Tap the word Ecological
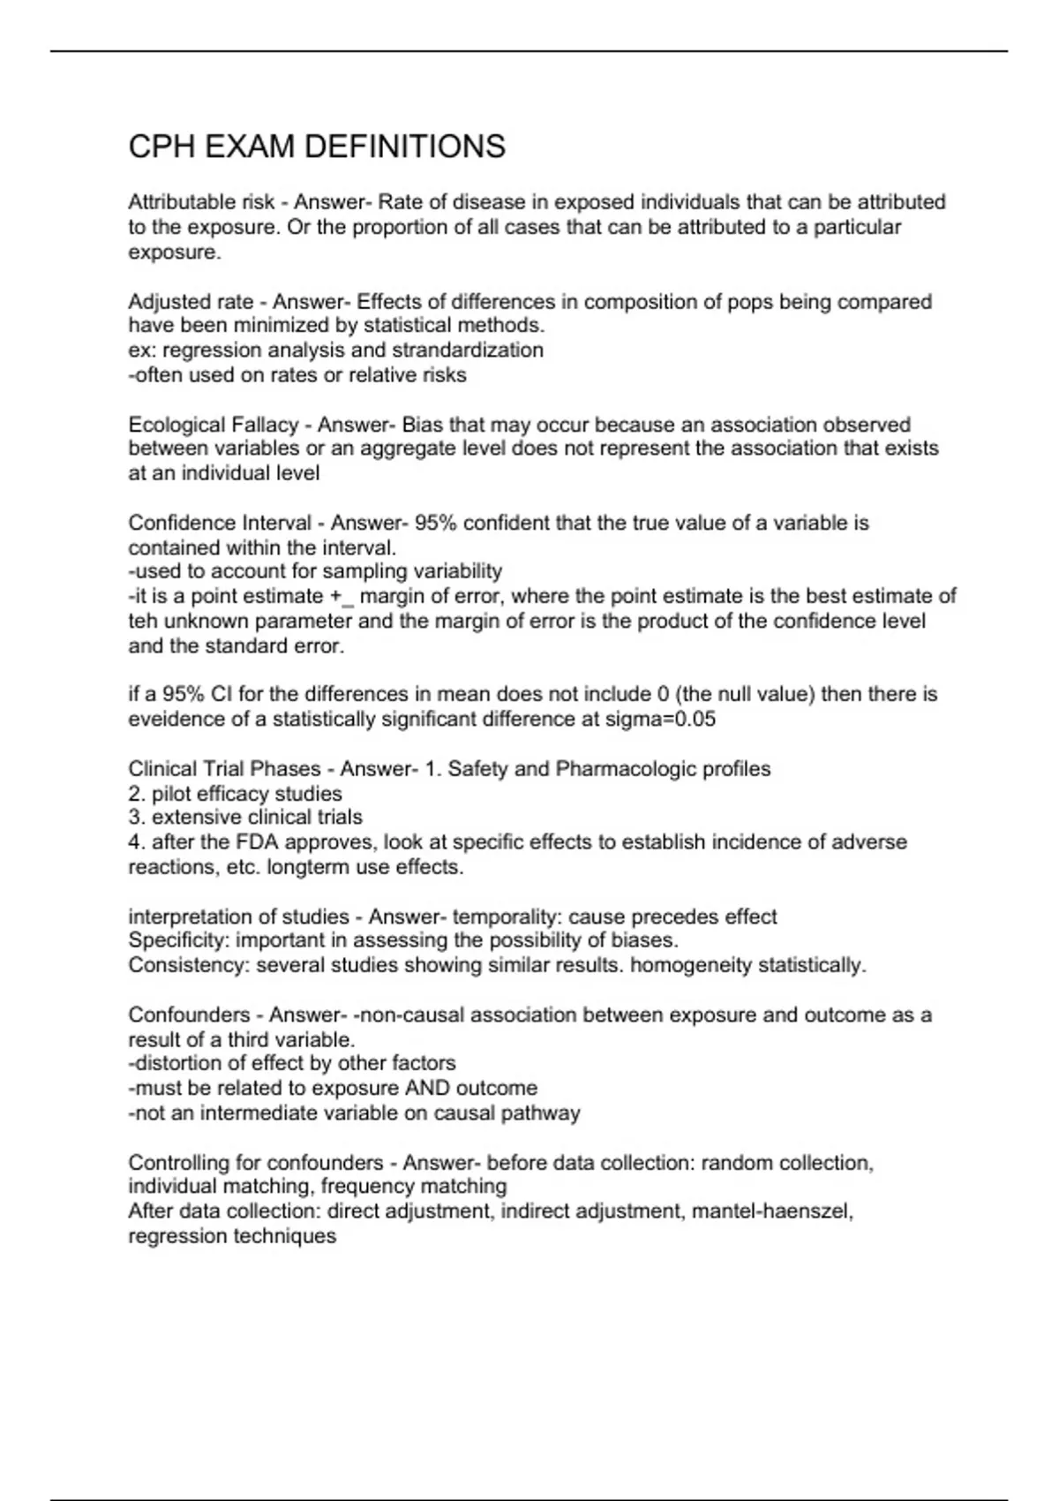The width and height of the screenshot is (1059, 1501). click(x=176, y=425)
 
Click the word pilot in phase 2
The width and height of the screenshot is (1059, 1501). click(x=169, y=794)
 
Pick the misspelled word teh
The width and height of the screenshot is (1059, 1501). click(x=143, y=622)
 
